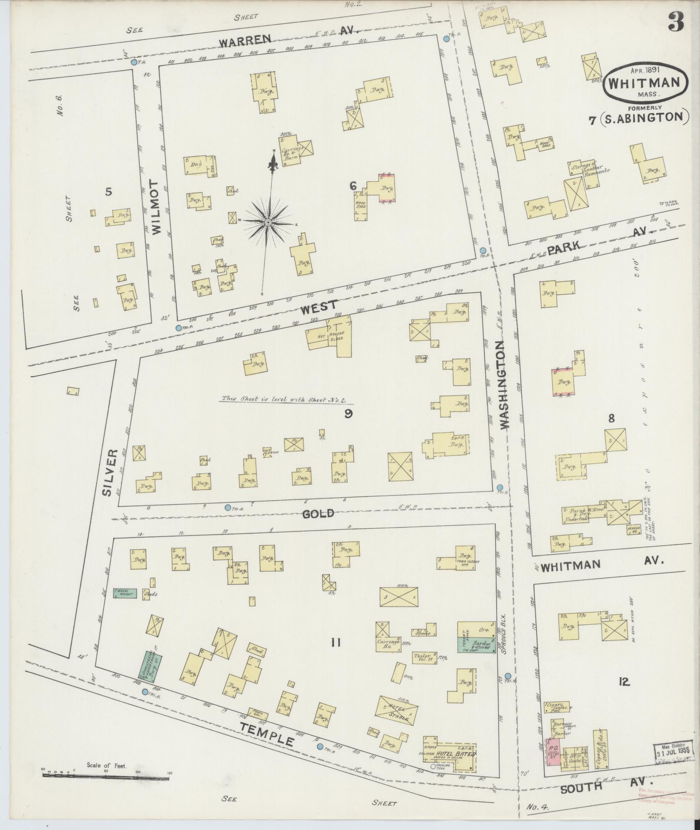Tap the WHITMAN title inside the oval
click(x=644, y=82)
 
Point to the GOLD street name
click(x=318, y=514)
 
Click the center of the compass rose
click(x=268, y=222)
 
